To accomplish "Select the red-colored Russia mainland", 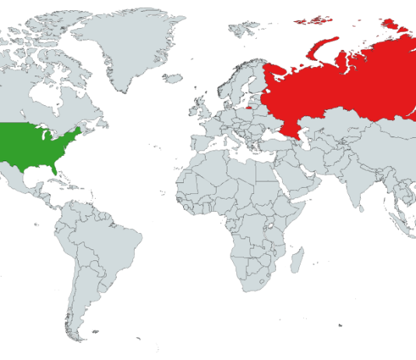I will coord(343,86).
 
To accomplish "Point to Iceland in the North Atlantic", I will coord(173,78).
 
